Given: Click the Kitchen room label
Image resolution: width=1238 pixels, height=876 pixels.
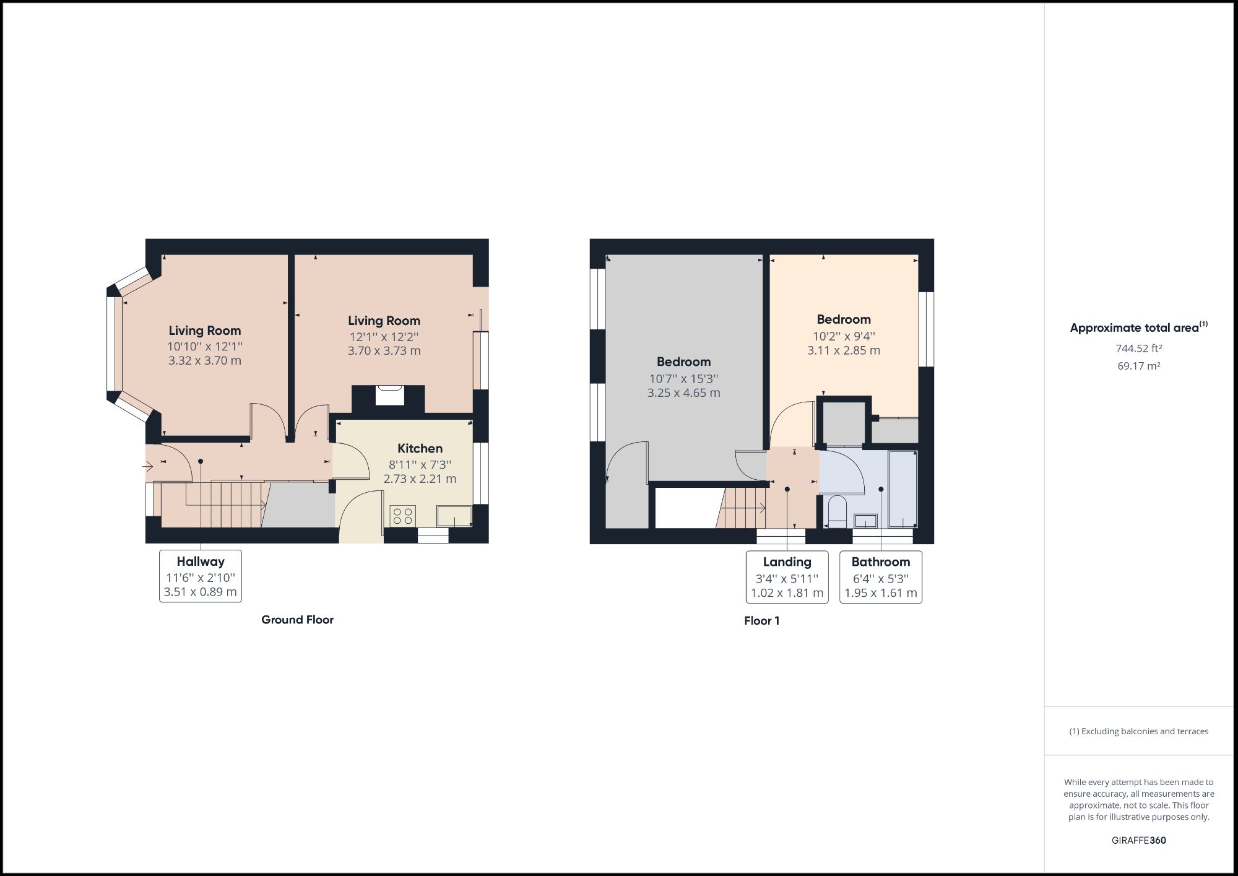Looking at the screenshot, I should (420, 448).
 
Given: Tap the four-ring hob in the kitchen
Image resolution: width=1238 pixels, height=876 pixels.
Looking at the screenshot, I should (403, 516).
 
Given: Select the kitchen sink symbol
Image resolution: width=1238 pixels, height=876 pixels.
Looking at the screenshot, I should (454, 516).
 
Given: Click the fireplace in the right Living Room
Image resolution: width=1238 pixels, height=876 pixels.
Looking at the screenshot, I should (390, 395).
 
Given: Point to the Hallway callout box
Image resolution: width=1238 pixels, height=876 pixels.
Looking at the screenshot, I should (201, 576).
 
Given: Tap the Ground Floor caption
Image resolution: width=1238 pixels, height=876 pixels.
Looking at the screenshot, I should (297, 620).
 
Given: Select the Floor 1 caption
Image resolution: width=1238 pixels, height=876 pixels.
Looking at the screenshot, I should (761, 621).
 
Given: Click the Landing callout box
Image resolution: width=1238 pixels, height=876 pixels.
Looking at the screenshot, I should (787, 577).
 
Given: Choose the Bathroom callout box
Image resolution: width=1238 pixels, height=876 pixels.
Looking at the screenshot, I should (880, 577).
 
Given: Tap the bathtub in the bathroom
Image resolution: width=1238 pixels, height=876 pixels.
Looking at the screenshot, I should (903, 489).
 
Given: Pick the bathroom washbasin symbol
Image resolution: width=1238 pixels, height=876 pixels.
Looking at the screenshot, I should (865, 521).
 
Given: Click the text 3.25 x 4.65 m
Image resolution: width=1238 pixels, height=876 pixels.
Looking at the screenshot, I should (683, 392).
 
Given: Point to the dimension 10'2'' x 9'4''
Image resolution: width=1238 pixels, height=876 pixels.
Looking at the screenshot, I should (844, 336).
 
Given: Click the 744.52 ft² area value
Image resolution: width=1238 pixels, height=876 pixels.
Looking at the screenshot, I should (1138, 348).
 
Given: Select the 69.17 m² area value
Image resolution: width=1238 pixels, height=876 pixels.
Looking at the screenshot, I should (1138, 366).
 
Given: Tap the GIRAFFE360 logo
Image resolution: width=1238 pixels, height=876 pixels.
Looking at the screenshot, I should (1138, 840).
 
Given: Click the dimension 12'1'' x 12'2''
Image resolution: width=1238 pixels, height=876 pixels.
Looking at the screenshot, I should (384, 337).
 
